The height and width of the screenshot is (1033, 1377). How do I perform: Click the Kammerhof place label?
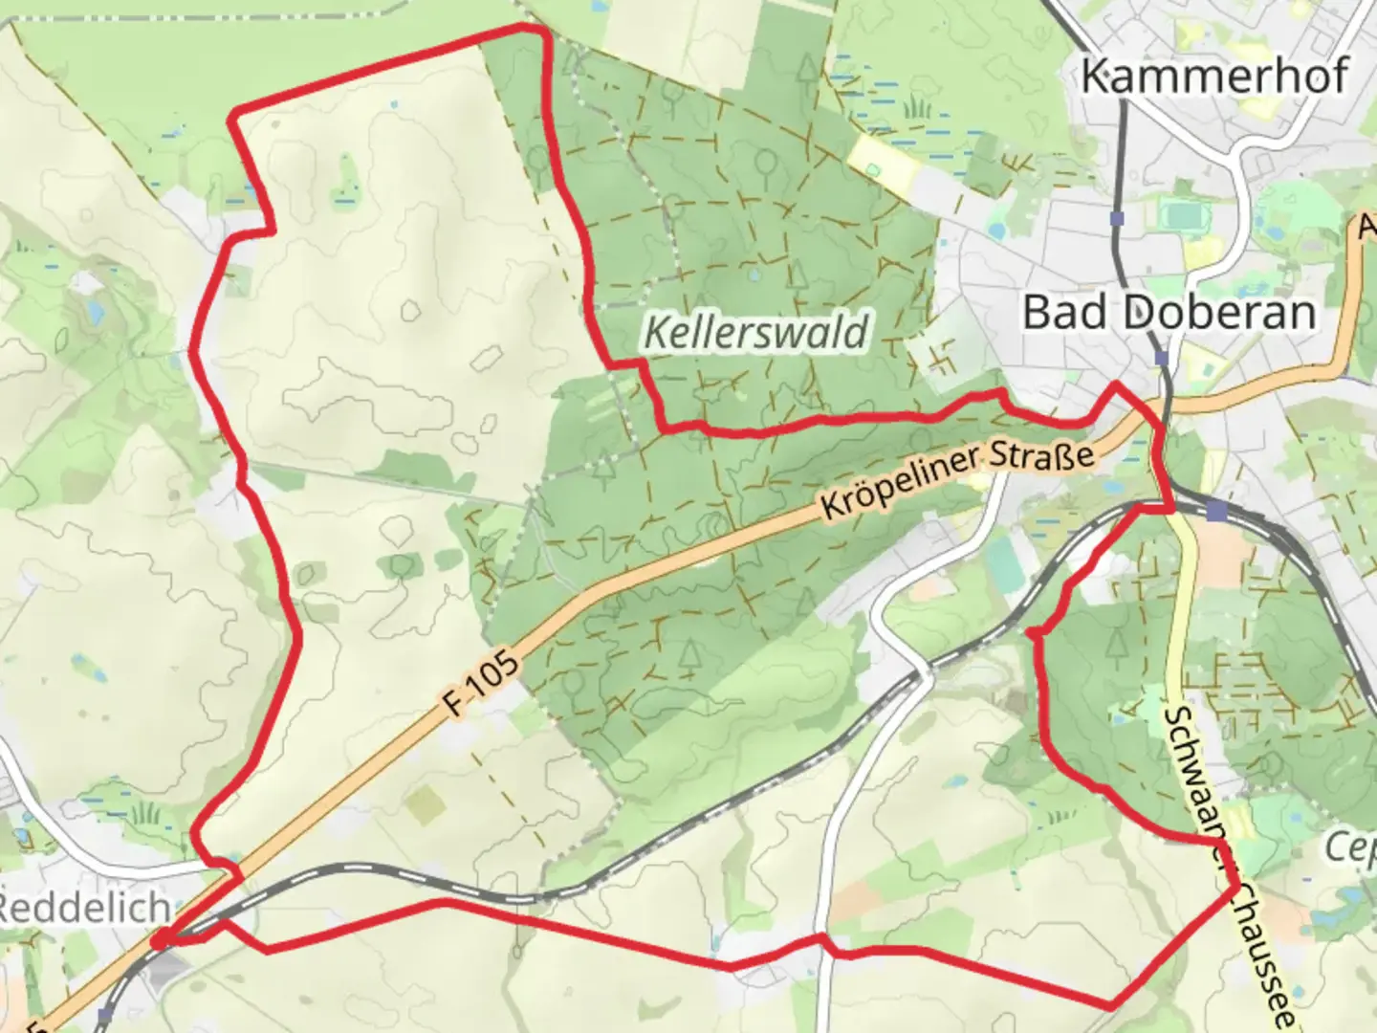tap(1214, 77)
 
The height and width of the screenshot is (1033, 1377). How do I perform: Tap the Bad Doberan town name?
tap(1169, 313)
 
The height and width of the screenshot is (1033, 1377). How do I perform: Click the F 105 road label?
tap(484, 684)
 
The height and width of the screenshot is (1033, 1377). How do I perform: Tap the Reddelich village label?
tap(84, 908)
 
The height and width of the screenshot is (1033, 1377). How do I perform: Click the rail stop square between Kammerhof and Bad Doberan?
tap(1118, 219)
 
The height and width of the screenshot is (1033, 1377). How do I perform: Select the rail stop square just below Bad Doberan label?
tap(1162, 358)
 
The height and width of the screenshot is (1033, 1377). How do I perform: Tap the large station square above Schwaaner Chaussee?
tap(1216, 512)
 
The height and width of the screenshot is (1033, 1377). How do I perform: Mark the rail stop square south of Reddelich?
tap(105, 1014)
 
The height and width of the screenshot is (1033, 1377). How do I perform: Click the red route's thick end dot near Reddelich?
tap(161, 940)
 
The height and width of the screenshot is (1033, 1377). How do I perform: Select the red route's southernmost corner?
tap(1111, 1005)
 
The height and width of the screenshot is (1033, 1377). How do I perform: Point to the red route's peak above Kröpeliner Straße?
tap(1115, 385)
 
